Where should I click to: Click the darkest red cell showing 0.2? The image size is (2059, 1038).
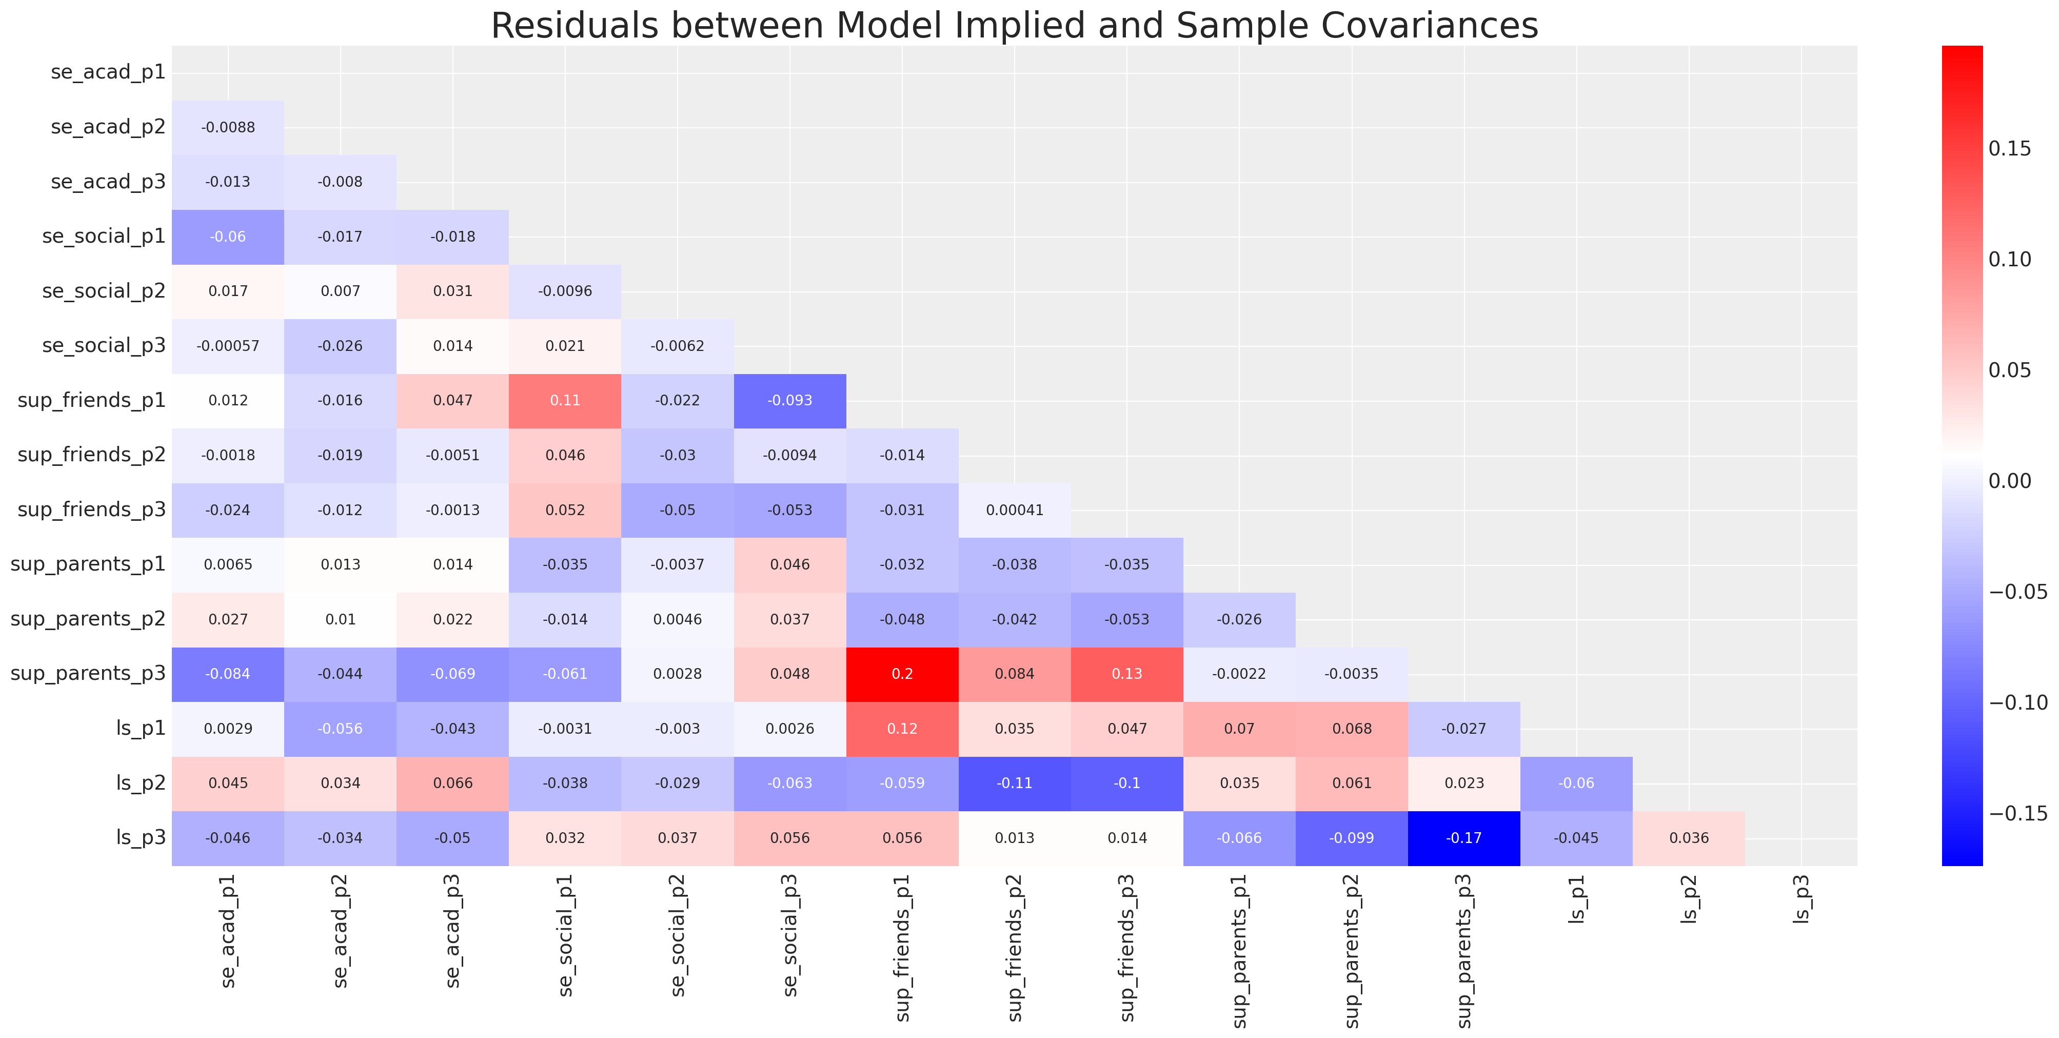[902, 674]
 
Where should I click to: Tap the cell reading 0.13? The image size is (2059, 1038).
[1126, 674]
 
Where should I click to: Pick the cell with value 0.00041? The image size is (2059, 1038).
[1014, 510]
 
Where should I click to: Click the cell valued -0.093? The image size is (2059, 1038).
[790, 401]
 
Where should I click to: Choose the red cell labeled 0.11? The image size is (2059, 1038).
[565, 401]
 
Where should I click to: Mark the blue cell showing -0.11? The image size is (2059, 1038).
[1014, 784]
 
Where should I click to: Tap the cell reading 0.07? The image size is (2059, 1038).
[1239, 729]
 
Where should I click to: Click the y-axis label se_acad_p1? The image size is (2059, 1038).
[108, 72]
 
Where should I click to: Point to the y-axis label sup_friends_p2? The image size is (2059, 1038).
[91, 455]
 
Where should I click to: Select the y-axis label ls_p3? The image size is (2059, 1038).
[141, 837]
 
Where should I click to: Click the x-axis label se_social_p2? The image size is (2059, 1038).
[678, 936]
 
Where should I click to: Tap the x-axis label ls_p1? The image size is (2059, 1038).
[1576, 899]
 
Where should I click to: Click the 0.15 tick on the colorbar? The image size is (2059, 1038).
[2009, 149]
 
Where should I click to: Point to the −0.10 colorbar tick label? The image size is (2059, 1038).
[2017, 703]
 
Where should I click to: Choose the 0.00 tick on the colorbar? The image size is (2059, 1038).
[2009, 481]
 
